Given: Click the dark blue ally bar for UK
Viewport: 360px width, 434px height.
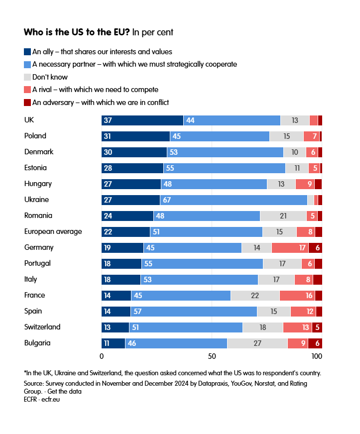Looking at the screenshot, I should (x=142, y=120).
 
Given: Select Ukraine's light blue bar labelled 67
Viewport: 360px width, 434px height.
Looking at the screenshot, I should (x=234, y=200).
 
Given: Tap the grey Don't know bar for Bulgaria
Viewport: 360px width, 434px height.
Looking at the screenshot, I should (x=257, y=343).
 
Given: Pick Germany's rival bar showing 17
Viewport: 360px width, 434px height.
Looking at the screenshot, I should (x=290, y=247).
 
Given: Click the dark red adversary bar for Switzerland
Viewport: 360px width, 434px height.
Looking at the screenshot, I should (x=317, y=327).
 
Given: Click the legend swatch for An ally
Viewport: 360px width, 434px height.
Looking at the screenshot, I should (x=27, y=51).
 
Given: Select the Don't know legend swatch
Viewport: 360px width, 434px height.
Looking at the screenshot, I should (x=27, y=77).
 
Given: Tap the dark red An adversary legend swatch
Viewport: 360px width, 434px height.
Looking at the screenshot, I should (x=27, y=103).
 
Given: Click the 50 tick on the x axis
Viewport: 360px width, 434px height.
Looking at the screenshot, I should (x=212, y=356).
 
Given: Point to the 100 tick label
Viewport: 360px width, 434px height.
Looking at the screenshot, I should (x=317, y=356).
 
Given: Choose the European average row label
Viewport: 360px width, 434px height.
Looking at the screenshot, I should (x=53, y=231).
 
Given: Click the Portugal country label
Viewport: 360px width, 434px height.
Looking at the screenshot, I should (x=38, y=263).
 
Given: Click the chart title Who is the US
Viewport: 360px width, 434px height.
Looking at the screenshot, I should (x=77, y=32).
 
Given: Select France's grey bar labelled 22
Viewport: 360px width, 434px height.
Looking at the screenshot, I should (x=255, y=295).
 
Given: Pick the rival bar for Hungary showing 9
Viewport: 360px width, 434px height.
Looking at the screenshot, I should (x=305, y=184).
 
